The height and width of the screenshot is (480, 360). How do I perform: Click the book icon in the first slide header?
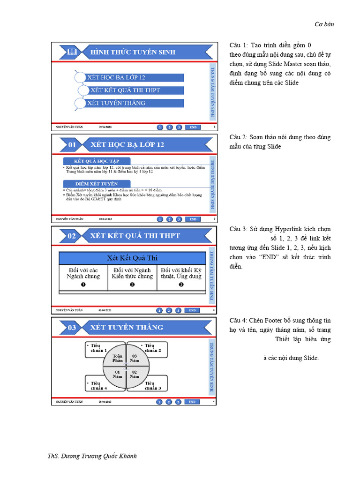tap(72, 52)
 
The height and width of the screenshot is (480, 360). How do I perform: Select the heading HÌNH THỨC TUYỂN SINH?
tap(133, 52)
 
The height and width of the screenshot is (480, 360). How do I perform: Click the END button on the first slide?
tap(193, 127)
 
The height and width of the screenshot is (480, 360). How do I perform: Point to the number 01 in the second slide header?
tap(72, 145)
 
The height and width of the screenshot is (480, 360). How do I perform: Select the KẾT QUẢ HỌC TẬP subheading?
tap(97, 161)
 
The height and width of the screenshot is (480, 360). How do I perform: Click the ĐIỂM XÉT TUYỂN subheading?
tap(97, 184)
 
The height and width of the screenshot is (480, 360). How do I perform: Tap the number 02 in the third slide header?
tap(72, 236)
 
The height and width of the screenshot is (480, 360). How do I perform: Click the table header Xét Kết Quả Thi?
tap(132, 258)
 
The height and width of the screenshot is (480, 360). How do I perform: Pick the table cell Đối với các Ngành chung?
tap(83, 273)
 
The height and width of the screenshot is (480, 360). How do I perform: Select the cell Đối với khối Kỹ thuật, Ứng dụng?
tap(181, 273)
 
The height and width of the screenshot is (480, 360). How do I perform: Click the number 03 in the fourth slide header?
tap(72, 328)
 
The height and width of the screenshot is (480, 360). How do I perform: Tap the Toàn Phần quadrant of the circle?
tap(117, 359)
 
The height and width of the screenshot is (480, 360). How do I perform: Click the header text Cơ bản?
tap(324, 24)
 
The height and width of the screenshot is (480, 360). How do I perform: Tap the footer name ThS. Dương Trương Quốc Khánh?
tap(92, 456)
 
